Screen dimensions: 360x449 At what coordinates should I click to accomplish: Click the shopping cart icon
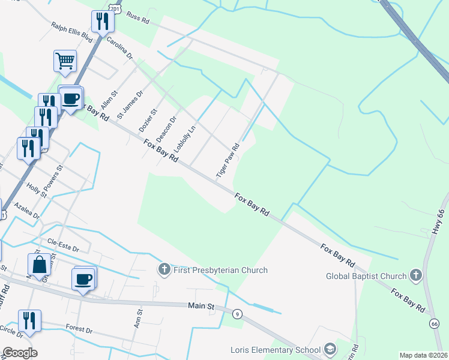(65, 61)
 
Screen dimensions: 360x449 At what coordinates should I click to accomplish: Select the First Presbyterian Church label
(220, 270)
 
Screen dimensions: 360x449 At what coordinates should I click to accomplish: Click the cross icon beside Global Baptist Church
(415, 276)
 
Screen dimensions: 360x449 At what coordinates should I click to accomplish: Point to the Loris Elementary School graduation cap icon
(330, 349)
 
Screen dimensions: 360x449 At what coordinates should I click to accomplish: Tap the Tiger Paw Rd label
(228, 161)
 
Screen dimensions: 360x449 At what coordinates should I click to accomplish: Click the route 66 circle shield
(434, 323)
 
